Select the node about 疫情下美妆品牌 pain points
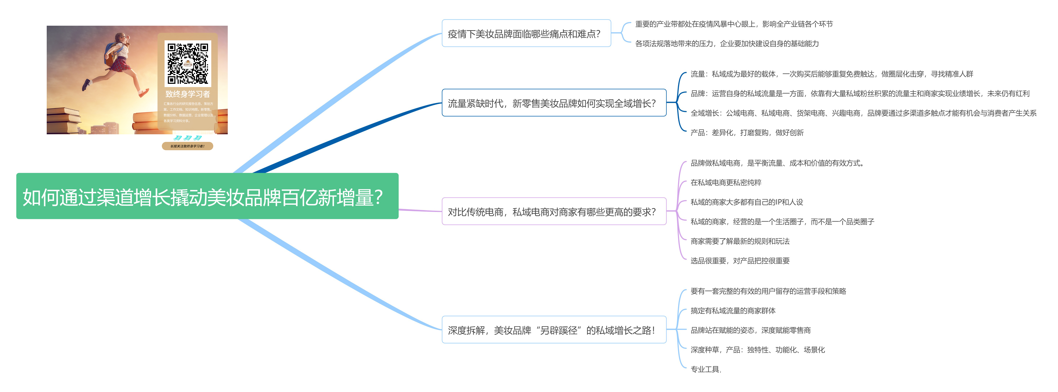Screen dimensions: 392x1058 click(526, 34)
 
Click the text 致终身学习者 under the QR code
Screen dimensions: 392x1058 click(188, 94)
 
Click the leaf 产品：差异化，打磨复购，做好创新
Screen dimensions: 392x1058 click(747, 133)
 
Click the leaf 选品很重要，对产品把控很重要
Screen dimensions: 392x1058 click(740, 261)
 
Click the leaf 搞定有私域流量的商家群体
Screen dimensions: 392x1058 click(733, 311)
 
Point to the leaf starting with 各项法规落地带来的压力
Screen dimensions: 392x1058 click(727, 43)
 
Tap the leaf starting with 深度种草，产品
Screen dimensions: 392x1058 click(757, 350)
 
